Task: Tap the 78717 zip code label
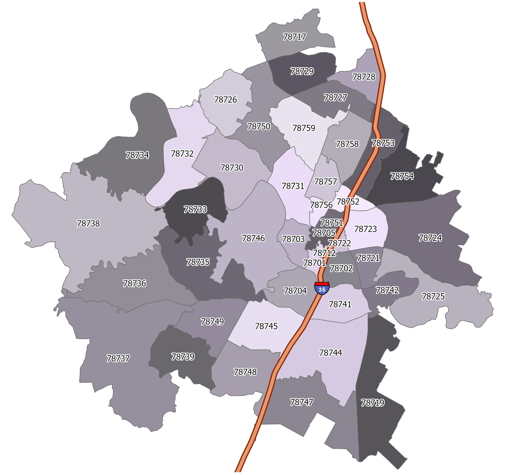294,37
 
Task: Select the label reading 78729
302,71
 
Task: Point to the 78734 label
137,155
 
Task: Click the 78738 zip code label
88,223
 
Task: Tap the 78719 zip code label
372,403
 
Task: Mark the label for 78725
433,296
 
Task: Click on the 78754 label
402,176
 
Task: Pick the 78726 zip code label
226,100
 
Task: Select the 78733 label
195,210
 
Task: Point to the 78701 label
315,263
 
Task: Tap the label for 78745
266,326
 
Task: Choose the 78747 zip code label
302,402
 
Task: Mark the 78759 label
304,128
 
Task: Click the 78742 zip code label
387,290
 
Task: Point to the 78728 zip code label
364,77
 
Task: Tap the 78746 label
253,238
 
